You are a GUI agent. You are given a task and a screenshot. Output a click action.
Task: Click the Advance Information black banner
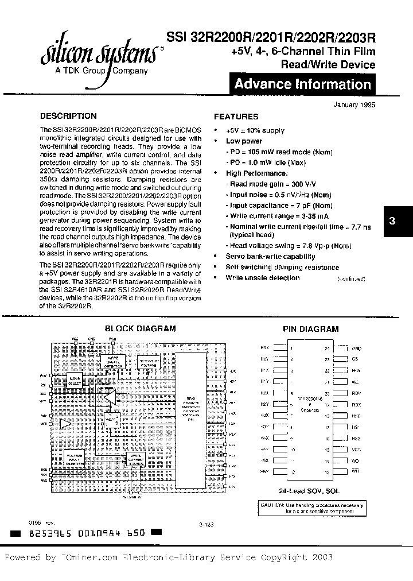(x=302, y=84)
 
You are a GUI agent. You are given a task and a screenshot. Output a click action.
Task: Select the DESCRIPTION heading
(x=68, y=115)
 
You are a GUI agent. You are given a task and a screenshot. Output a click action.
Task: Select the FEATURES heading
(x=236, y=116)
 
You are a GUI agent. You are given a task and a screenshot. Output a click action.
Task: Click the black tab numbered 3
(x=392, y=220)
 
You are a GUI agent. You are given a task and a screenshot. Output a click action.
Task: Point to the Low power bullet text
(x=244, y=141)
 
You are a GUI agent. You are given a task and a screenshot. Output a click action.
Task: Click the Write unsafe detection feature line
(x=262, y=278)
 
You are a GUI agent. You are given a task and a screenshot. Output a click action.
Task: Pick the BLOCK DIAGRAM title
(x=140, y=329)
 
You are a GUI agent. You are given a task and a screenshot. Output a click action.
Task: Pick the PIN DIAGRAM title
(x=311, y=329)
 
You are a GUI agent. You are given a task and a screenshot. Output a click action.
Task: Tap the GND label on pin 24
(x=357, y=348)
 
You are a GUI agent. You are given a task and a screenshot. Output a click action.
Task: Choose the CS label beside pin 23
(x=356, y=359)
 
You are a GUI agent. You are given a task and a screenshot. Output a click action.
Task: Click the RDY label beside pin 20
(x=356, y=393)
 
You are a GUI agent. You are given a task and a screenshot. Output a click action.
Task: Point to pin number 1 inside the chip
(x=291, y=348)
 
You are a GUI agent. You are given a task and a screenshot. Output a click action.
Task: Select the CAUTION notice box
(x=312, y=508)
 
